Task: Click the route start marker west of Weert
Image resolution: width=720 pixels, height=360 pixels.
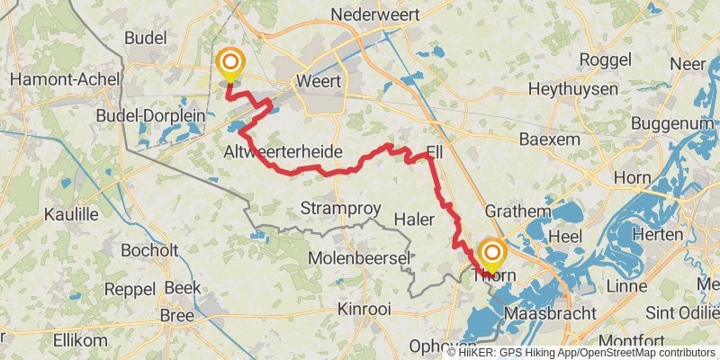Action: [230, 63]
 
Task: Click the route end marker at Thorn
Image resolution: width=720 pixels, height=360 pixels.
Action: [492, 253]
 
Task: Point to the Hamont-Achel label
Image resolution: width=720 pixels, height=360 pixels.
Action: [54, 79]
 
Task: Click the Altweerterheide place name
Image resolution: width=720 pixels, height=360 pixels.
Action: [283, 153]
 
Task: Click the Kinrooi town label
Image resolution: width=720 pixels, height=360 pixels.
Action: [364, 309]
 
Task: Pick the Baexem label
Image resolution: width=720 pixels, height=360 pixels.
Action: [551, 140]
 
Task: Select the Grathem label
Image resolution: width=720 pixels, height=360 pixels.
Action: [517, 211]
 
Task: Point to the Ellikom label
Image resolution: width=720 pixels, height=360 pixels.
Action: [80, 340]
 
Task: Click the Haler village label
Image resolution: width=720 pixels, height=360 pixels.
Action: [415, 219]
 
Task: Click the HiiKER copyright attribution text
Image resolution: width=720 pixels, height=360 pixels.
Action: [580, 352]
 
